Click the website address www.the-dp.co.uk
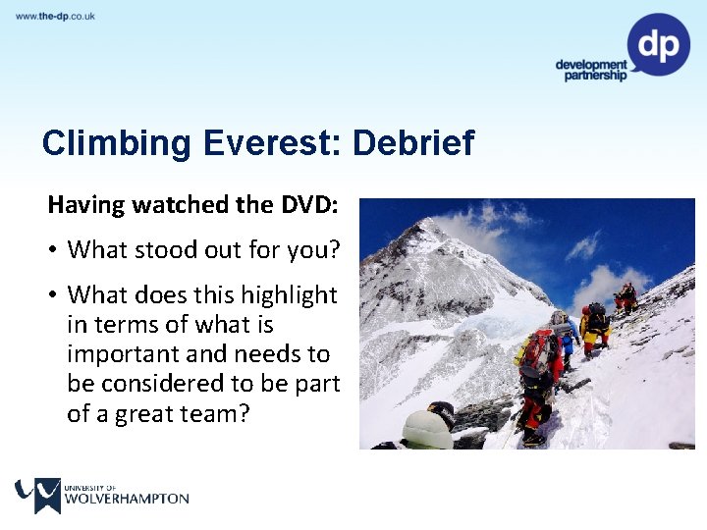coord(55,17)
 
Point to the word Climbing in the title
coord(117,143)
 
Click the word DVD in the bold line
coord(307,205)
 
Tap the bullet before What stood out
coord(53,250)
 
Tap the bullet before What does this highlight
coord(53,295)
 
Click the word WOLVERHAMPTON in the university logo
coord(127,499)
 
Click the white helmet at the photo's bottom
coord(428,430)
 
